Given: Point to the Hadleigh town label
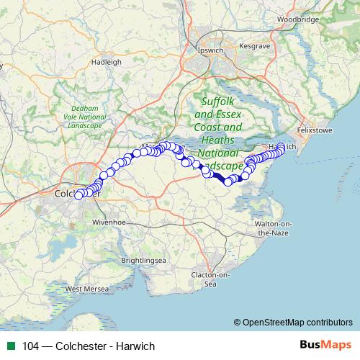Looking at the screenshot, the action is tap(107, 62).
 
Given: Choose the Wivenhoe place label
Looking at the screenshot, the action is tap(109, 223).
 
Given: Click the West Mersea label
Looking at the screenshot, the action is tap(87, 289).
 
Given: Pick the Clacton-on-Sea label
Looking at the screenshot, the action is tap(210, 279).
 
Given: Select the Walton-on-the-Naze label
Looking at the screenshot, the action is tap(272, 229).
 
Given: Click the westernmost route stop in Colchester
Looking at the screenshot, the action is tap(78, 195).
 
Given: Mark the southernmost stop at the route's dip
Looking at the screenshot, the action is tap(228, 181).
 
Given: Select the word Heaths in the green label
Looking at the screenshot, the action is tap(218, 140).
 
